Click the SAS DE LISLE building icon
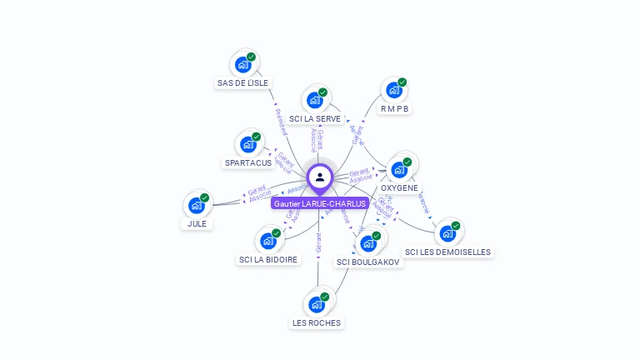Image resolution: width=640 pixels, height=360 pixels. [242, 64]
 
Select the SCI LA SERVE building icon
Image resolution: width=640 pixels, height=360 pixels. [314, 100]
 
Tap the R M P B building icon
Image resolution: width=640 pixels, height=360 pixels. [393, 90]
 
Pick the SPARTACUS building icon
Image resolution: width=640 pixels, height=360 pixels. [247, 144]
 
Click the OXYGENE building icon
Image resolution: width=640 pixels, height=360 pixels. [398, 169]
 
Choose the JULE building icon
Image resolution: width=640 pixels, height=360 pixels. [196, 205]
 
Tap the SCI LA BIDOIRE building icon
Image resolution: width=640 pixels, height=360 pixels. [267, 241]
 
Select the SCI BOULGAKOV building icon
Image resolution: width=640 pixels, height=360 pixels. [367, 243]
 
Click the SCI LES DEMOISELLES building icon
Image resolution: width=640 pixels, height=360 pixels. [447, 233]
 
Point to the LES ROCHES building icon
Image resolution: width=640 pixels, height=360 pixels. [316, 304]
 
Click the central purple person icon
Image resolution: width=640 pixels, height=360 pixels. [320, 177]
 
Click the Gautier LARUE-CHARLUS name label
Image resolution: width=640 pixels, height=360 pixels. [320, 204]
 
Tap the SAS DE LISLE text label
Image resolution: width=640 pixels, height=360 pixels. [242, 83]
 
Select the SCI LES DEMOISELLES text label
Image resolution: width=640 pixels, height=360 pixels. [447, 252]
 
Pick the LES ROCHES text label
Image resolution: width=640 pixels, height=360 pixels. [316, 322]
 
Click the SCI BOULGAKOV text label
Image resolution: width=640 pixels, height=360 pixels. [367, 262]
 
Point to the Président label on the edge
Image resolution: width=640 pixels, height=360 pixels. [281, 122]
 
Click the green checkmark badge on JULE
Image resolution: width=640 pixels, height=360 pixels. [205, 197]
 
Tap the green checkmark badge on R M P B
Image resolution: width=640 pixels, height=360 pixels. [402, 82]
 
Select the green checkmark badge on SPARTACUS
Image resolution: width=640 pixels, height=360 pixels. [257, 136]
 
